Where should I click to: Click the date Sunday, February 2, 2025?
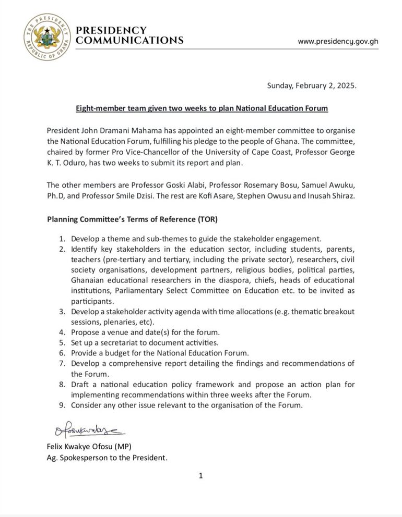coord(311,85)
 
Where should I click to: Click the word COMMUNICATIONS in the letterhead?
coord(129,41)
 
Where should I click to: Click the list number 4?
coord(61,332)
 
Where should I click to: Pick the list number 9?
coord(61,404)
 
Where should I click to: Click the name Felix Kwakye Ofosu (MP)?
coord(90,448)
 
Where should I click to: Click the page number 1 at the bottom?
coord(200,475)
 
